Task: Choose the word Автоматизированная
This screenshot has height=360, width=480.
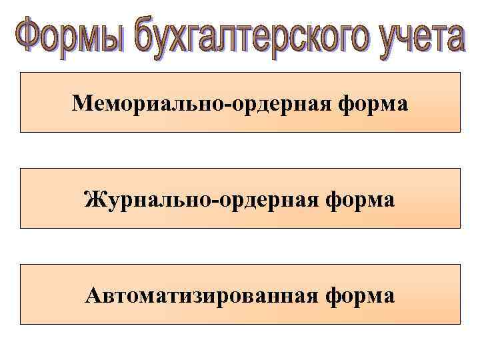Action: [x=200, y=295]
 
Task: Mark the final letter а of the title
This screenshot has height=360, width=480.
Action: [x=454, y=39]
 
